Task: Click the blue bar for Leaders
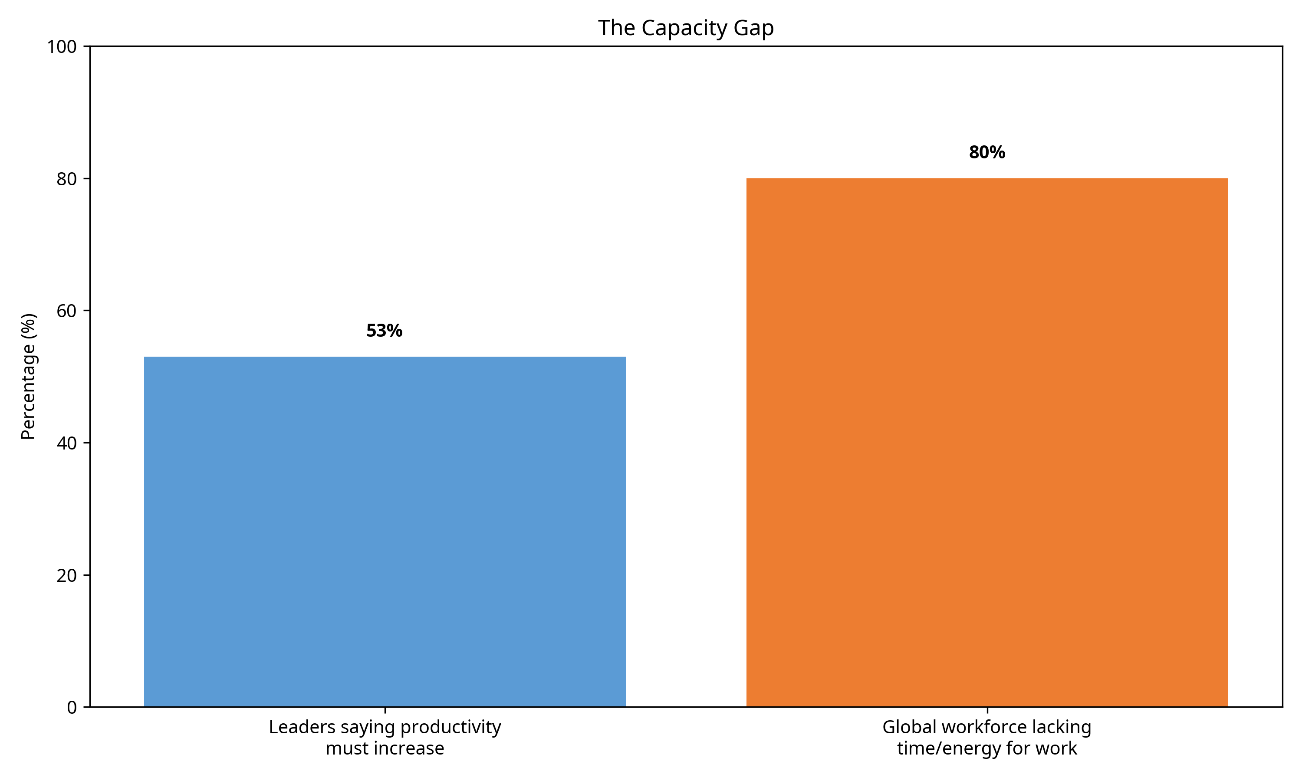pyautogui.click(x=384, y=532)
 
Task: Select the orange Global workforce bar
pyautogui.click(x=987, y=442)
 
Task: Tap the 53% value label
pyautogui.click(x=384, y=331)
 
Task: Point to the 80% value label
pyautogui.click(x=987, y=153)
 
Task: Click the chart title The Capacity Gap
pyautogui.click(x=685, y=28)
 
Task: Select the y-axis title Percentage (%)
pyautogui.click(x=28, y=376)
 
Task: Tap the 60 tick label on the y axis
pyautogui.click(x=66, y=311)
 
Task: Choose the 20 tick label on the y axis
pyautogui.click(x=66, y=576)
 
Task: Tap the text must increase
pyautogui.click(x=385, y=748)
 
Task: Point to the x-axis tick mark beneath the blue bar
pyautogui.click(x=385, y=710)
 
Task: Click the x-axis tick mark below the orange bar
pyautogui.click(x=987, y=710)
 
